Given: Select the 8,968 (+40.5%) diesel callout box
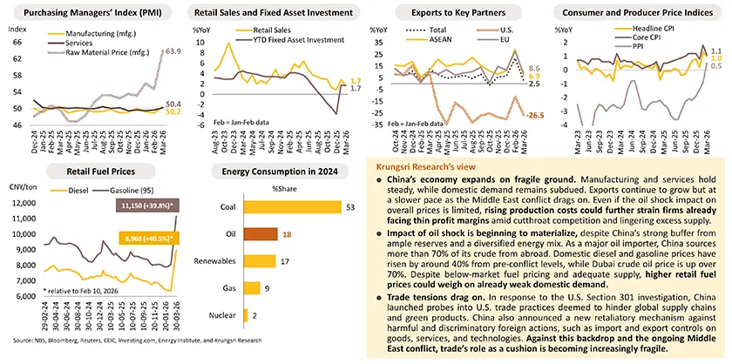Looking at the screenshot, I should click(146, 239).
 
